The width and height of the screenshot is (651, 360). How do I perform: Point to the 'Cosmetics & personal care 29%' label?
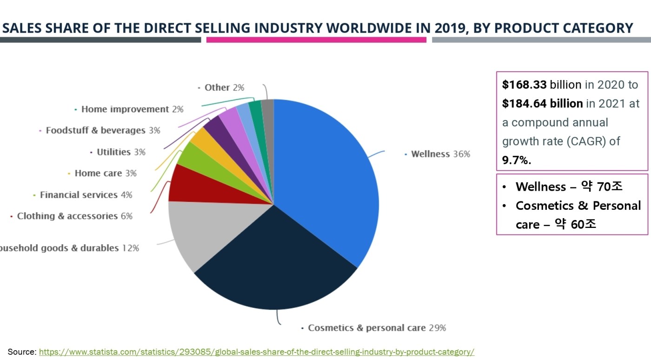[377, 328]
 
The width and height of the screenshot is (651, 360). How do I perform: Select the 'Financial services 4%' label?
[86, 195]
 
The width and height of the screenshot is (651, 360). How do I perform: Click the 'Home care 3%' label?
[106, 173]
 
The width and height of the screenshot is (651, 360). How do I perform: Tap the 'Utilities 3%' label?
[121, 152]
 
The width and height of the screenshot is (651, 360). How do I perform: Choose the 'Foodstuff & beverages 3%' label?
[103, 130]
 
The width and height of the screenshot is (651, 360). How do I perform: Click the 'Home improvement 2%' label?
[132, 109]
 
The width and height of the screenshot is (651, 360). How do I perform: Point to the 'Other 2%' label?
[224, 87]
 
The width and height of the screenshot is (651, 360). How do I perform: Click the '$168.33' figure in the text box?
[524, 85]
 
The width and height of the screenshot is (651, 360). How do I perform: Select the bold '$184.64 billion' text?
[542, 103]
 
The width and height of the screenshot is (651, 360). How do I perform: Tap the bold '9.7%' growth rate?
[517, 160]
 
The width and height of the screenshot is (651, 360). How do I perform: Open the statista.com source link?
[256, 352]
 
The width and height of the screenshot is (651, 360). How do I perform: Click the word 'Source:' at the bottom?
[22, 352]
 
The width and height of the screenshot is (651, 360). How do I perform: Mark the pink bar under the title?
[316, 40]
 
